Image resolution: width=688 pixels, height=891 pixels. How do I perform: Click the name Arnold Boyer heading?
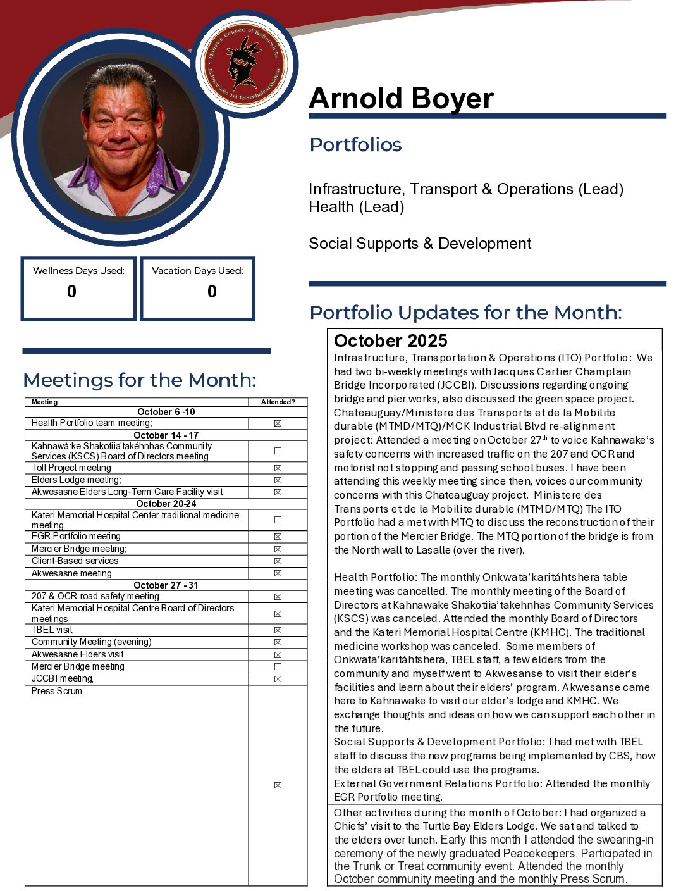point(401,99)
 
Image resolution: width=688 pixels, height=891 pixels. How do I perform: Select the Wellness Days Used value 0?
point(72,292)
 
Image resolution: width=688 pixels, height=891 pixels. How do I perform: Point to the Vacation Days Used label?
point(197,271)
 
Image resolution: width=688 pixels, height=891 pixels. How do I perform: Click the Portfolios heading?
point(355,145)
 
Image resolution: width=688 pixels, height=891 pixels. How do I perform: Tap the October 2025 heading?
point(390,341)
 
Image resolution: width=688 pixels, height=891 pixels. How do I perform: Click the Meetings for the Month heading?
point(140,380)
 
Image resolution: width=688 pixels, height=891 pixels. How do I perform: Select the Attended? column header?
point(278,402)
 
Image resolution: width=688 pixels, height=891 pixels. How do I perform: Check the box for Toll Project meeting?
point(278,468)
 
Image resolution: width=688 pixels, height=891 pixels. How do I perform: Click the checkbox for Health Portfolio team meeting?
point(278,423)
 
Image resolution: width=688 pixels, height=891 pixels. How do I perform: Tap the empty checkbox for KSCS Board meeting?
point(278,451)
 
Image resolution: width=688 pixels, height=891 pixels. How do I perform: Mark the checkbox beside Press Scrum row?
point(278,785)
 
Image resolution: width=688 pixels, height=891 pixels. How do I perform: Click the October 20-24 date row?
point(166,504)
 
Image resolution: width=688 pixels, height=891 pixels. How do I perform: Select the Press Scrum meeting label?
point(57,691)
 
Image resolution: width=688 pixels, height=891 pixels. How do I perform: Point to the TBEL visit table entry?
point(53,630)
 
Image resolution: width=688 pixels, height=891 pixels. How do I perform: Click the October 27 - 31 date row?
point(166,585)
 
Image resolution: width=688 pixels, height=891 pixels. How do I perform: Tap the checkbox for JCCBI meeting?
point(278,679)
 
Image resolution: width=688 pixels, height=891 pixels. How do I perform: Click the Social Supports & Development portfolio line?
point(420,244)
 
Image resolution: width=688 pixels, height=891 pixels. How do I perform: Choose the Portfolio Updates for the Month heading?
point(465,313)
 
